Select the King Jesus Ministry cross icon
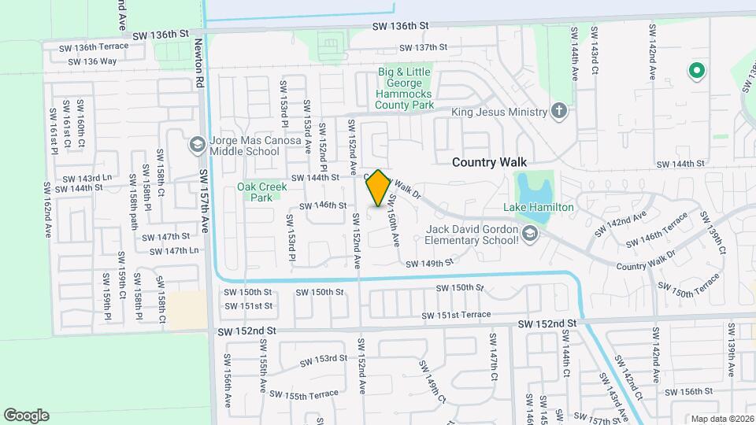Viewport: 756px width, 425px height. [559, 111]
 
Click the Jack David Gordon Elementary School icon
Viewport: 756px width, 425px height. [532, 233]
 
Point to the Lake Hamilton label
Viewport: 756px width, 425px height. [539, 207]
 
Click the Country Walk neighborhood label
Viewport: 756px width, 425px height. [488, 162]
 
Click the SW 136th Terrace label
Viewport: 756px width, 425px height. [96, 47]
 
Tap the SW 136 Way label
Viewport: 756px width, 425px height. [92, 61]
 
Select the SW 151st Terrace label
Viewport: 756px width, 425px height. [456, 316]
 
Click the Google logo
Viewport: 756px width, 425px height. [26, 415]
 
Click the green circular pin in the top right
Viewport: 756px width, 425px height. [696, 72]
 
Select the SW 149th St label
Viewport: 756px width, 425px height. [431, 263]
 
